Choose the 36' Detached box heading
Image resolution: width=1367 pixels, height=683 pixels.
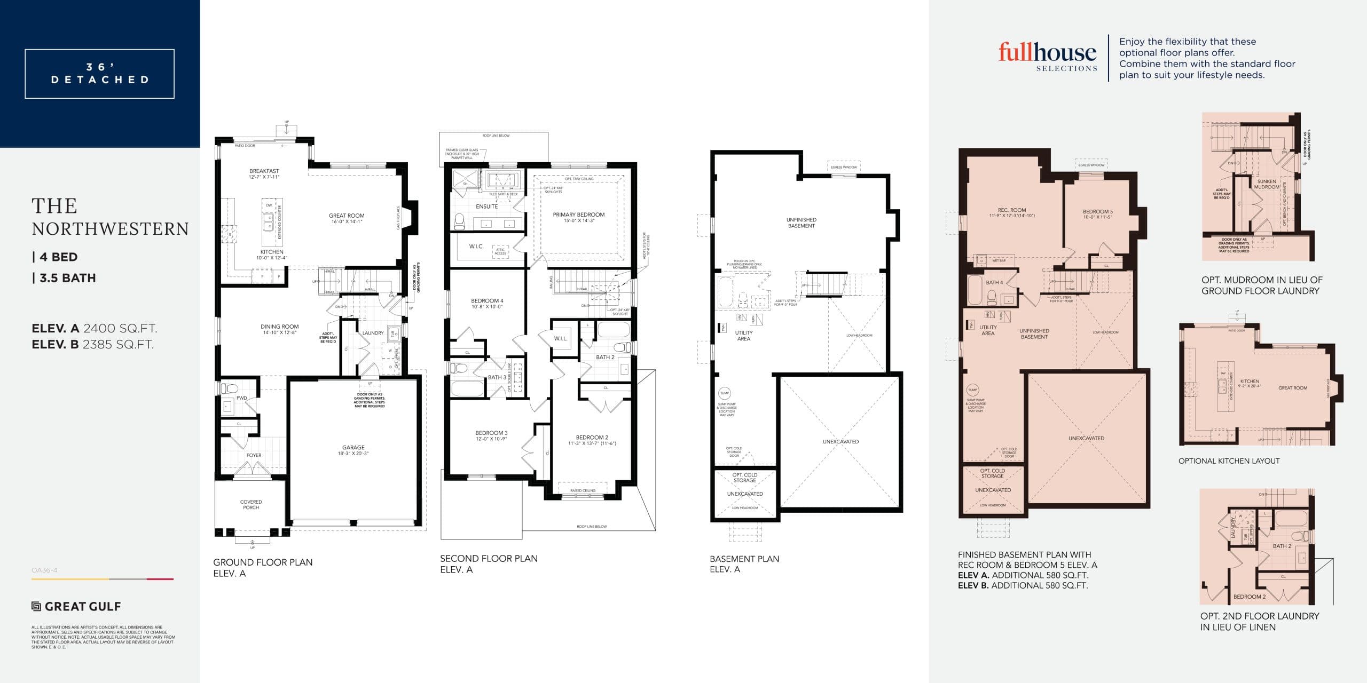point(100,74)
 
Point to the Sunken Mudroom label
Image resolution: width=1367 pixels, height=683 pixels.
point(1267,184)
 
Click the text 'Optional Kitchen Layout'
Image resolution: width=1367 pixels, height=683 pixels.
point(1229,461)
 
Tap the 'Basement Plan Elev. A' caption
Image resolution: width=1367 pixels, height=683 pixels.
point(744,563)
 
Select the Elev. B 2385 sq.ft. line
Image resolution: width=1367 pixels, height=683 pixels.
point(93,345)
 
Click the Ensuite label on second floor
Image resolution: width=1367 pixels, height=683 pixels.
point(486,207)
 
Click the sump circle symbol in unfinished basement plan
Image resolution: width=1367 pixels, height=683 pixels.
point(724,393)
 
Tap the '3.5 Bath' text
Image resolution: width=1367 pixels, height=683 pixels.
point(65,278)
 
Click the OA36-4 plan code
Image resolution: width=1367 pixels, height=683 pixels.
point(44,570)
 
